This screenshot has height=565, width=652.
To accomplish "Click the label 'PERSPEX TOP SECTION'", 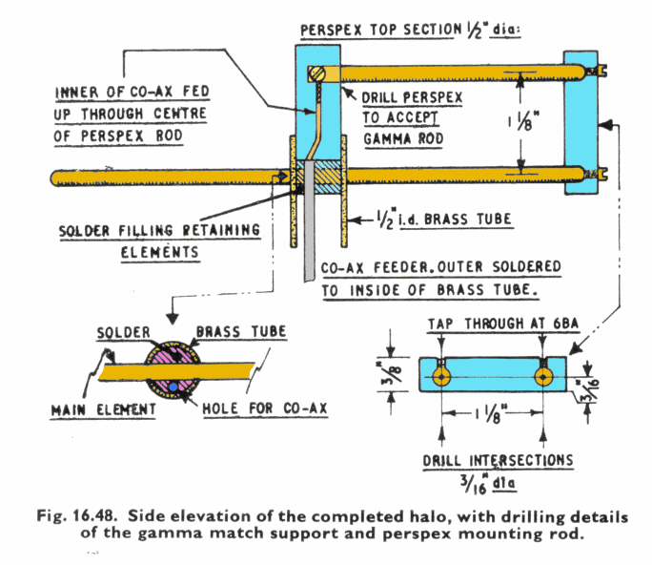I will click(379, 30).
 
